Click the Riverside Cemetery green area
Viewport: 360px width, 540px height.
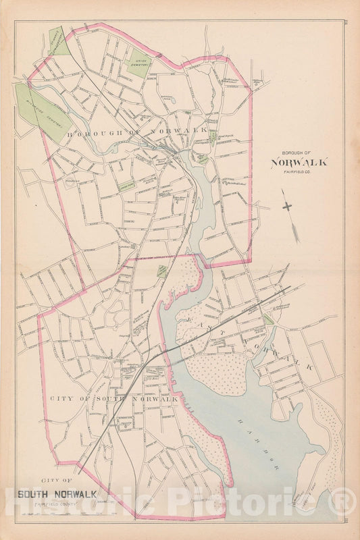(x=41, y=111)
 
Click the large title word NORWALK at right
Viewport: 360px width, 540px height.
(x=299, y=162)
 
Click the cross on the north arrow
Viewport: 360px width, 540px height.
(x=289, y=207)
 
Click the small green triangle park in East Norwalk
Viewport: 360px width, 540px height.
(x=268, y=319)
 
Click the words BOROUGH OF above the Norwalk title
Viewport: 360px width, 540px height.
(x=299, y=152)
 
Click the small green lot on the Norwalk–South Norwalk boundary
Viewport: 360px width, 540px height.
(x=162, y=271)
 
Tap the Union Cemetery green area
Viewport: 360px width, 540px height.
(x=138, y=64)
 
